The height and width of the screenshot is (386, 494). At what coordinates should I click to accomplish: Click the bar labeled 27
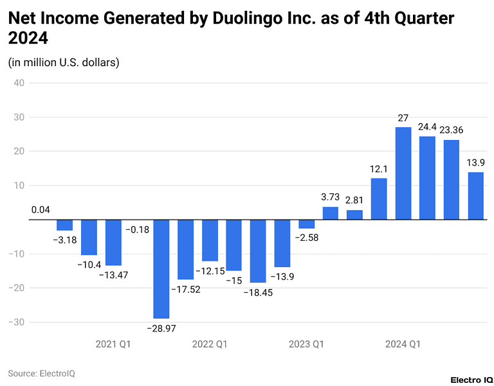[x=403, y=173]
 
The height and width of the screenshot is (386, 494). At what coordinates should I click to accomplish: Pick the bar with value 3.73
[x=330, y=213]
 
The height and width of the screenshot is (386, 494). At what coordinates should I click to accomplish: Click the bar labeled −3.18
[x=64, y=225]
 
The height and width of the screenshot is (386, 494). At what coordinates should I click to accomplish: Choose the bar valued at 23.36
[x=452, y=180]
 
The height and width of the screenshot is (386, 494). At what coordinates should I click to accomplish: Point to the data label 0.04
[x=40, y=210]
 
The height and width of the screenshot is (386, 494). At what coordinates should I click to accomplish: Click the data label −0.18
[x=137, y=229]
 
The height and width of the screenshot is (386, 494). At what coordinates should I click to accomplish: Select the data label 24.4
[x=427, y=127]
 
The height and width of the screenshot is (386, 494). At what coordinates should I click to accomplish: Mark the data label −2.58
[x=306, y=238]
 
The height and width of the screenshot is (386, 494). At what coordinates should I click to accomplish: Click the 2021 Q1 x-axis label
[x=113, y=344]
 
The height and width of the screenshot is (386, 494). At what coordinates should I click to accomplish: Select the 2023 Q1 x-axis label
[x=306, y=344]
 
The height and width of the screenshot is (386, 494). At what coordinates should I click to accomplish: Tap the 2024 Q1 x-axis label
[x=403, y=344]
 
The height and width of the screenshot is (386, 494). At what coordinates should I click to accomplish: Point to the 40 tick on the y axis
[x=17, y=83]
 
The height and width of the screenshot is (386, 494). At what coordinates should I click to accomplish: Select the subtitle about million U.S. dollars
[x=64, y=62]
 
